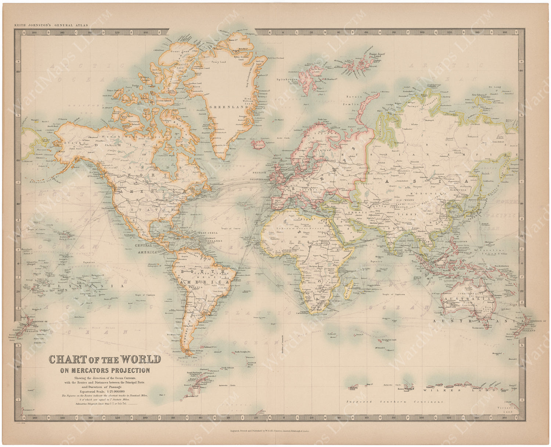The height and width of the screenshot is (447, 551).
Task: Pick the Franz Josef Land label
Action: pos(377,56)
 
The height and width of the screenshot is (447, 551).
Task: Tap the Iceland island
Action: pos(259,145)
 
